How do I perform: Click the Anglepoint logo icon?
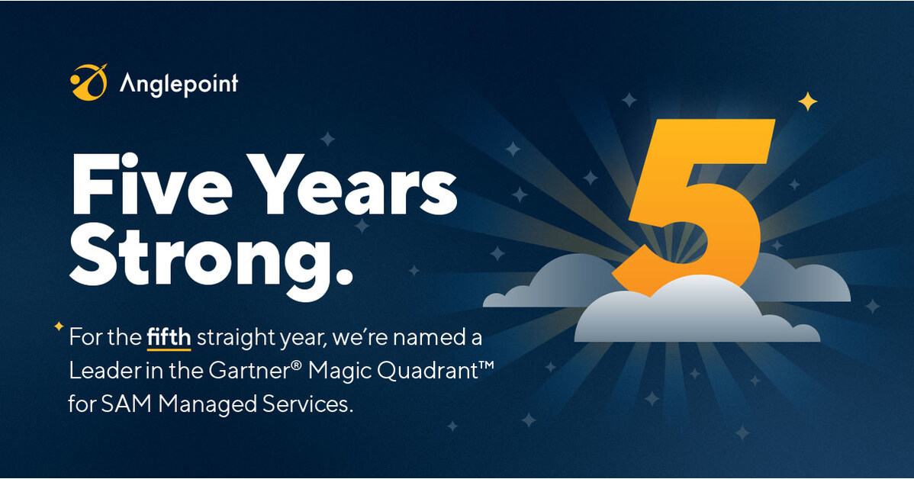[x=89, y=82]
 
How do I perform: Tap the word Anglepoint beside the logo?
[x=179, y=82]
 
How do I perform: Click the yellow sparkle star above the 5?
[x=808, y=101]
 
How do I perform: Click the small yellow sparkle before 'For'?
[x=58, y=326]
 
